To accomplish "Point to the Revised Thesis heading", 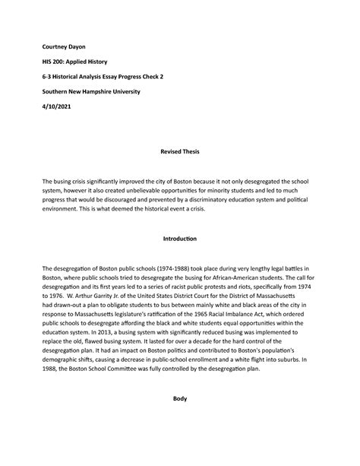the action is (x=180, y=153).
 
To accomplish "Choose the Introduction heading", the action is (x=180, y=239).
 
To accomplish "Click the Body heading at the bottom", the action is (x=180, y=418).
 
